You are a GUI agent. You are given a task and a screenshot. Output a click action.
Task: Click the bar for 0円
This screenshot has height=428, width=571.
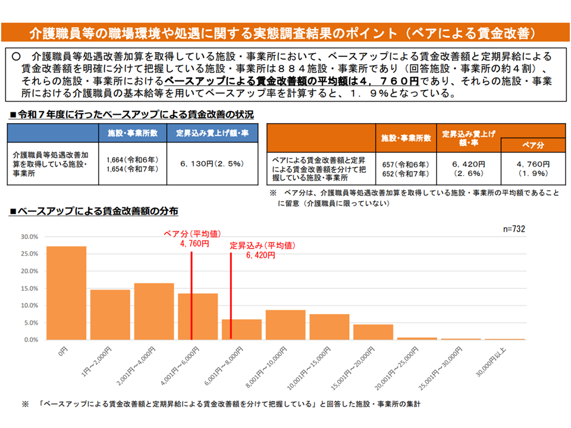[66, 292]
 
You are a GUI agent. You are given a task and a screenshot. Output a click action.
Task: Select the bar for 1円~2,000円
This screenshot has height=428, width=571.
[110, 314]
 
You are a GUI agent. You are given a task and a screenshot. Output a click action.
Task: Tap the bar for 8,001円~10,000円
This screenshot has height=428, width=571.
[285, 325]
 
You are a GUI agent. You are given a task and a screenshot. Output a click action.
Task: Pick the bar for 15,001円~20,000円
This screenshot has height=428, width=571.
[373, 332]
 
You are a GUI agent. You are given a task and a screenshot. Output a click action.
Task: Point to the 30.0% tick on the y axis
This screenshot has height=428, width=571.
[30, 237]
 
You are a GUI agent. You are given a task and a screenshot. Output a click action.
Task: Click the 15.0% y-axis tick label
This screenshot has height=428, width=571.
[30, 288]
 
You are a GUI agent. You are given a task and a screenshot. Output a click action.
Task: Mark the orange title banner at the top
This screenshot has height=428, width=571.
[285, 32]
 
